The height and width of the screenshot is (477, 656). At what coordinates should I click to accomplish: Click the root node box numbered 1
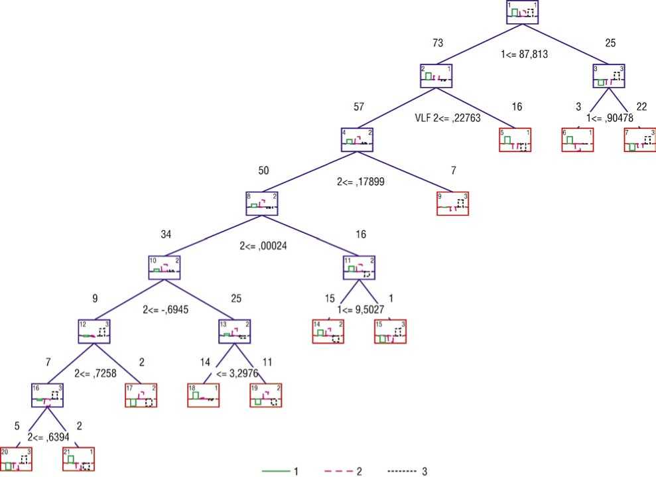521,13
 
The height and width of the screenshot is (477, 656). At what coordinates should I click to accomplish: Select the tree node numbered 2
436,76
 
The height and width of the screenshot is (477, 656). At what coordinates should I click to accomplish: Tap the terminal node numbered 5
515,140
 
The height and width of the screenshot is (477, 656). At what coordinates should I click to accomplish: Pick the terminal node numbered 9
453,204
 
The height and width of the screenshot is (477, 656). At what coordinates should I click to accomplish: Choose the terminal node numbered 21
78,458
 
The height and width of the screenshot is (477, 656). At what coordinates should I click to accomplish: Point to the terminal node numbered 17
141,395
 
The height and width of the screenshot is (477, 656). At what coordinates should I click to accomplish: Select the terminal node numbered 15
390,331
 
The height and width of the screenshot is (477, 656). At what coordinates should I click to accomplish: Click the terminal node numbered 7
640,140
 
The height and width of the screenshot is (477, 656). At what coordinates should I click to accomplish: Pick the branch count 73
438,43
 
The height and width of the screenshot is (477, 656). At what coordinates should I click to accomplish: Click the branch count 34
166,234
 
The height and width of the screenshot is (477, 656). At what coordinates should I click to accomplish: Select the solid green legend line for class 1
275,471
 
